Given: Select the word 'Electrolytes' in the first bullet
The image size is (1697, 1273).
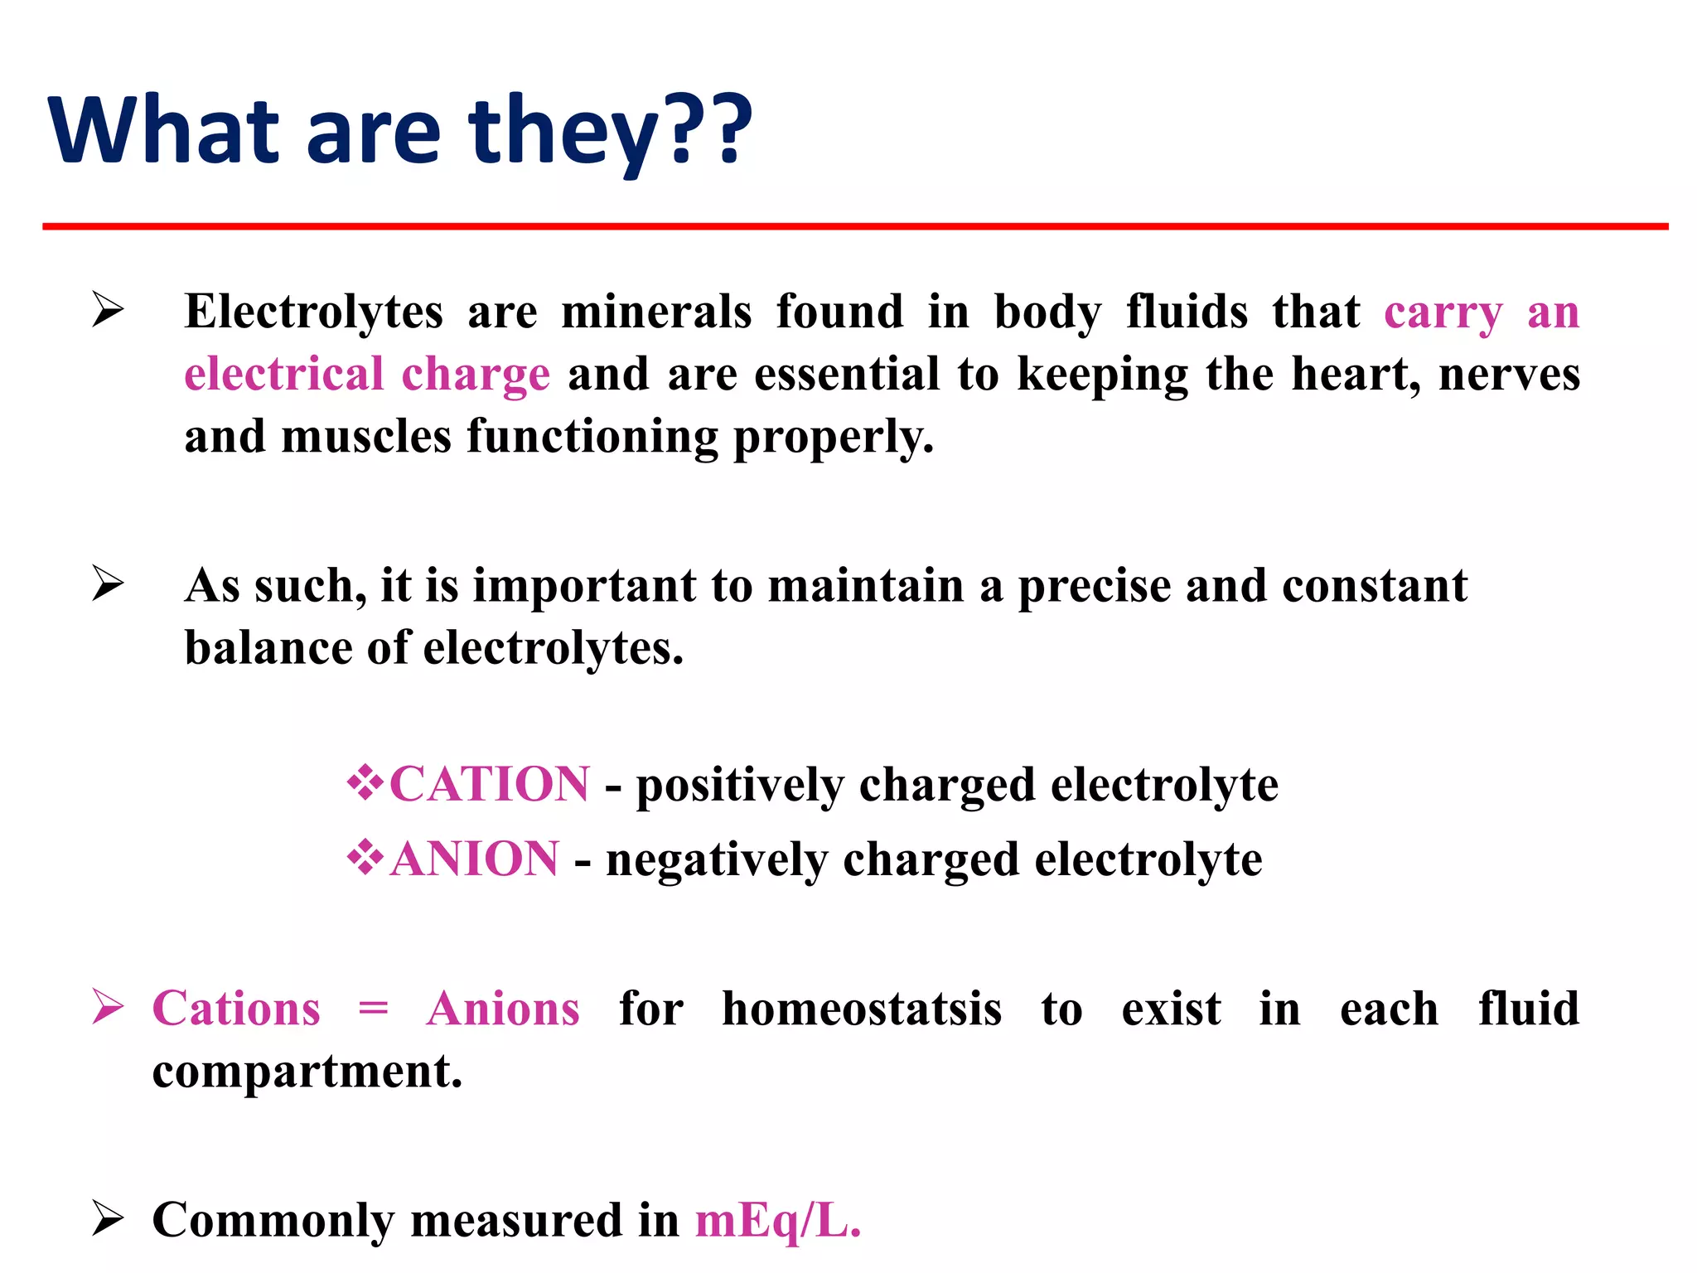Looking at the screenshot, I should [313, 313].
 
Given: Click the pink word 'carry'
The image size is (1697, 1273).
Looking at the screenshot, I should [1443, 313].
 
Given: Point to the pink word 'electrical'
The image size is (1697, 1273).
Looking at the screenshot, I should [283, 375].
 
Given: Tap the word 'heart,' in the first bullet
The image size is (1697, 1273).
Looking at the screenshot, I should [1356, 375].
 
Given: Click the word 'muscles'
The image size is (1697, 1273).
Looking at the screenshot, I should [366, 437].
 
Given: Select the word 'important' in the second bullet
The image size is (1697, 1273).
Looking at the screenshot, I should [584, 586].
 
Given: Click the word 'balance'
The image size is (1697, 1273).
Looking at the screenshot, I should [267, 648].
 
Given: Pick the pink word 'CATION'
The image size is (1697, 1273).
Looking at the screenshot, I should [490, 784].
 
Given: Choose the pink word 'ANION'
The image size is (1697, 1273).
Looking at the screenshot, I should [475, 859].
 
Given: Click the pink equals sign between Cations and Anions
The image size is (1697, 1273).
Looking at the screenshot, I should [373, 1009].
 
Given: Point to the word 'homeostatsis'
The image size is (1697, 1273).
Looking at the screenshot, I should [862, 1009].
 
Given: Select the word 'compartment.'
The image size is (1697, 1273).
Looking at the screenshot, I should [307, 1071].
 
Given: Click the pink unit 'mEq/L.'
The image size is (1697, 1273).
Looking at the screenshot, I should [778, 1221].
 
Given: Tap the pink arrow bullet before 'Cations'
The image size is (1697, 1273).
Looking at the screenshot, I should [109, 1007].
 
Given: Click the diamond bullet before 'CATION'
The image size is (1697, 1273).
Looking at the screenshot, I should [365, 782].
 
